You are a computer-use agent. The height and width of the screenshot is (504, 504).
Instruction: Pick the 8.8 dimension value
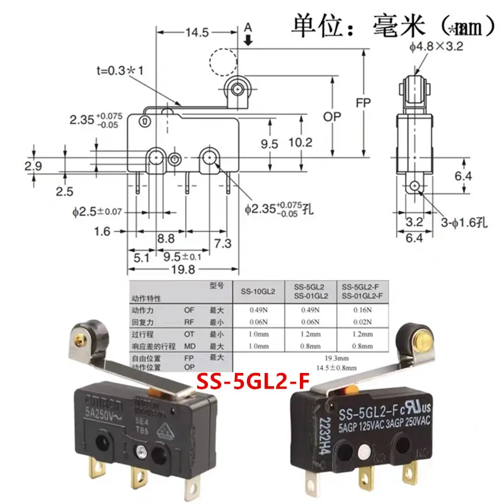point(166,238)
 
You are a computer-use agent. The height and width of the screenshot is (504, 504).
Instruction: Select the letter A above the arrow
point(248,27)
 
